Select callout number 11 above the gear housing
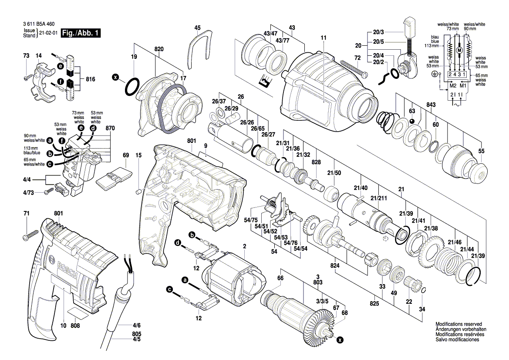click(x=323, y=38)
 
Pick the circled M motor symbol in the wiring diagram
click(x=458, y=51)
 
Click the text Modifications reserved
click(x=458, y=324)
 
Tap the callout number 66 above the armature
click(x=280, y=278)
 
